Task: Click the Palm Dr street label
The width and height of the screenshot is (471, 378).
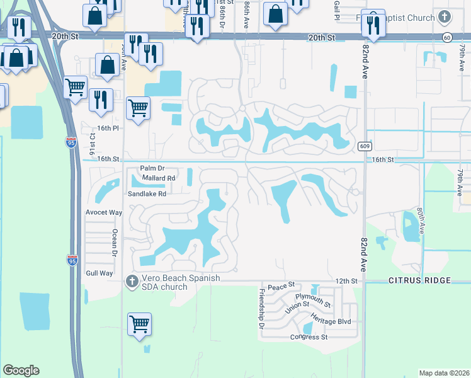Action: (x=152, y=168)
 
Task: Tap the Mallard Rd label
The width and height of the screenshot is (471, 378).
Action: (x=158, y=178)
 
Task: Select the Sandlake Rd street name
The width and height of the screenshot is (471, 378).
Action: (x=147, y=194)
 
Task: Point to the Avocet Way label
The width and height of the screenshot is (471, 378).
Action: (x=103, y=212)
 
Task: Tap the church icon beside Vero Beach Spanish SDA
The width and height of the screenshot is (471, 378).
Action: (x=132, y=280)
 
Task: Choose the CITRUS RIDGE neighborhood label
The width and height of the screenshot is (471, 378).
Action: (x=419, y=280)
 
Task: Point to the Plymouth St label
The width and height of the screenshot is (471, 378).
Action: (x=313, y=299)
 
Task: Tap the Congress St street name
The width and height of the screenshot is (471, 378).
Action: (x=309, y=337)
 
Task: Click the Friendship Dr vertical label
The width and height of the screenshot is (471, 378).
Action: (x=261, y=309)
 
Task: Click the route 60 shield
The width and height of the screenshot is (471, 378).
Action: (x=446, y=38)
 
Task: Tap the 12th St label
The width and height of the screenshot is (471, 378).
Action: (x=346, y=280)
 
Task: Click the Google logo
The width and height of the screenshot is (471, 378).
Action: (x=21, y=370)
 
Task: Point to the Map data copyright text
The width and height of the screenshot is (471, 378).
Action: (x=443, y=373)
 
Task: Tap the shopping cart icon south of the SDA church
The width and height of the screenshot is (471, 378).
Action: (x=139, y=325)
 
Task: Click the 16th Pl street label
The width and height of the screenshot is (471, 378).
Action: (x=108, y=128)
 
